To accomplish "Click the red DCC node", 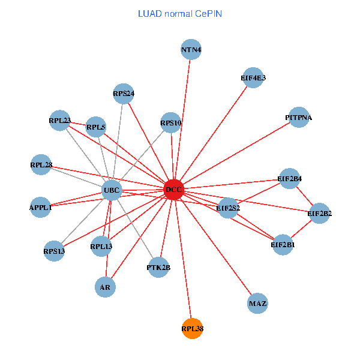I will click(x=173, y=190).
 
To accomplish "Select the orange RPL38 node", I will click(x=192, y=328).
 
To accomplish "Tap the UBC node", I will click(x=112, y=191).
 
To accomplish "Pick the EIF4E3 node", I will click(x=253, y=77).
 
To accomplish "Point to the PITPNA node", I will click(x=298, y=118).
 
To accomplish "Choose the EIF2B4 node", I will click(x=290, y=179).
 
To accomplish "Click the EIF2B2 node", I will click(x=319, y=213).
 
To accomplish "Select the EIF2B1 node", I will click(x=283, y=244).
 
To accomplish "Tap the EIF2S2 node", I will click(x=228, y=208).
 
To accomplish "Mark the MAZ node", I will click(x=257, y=303).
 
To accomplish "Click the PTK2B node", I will click(x=158, y=267).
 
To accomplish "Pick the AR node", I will click(x=105, y=287).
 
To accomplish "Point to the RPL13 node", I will click(x=101, y=246).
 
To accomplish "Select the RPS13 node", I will click(x=54, y=250).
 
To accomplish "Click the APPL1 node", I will click(x=41, y=207).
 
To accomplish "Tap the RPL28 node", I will click(x=41, y=164).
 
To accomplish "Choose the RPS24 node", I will click(x=123, y=93).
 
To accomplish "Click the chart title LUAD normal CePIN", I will click(x=180, y=13).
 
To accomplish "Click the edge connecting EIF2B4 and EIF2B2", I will click(x=305, y=196).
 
